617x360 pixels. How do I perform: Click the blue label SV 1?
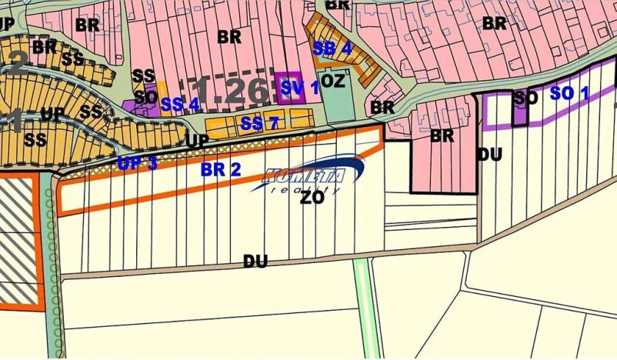[299, 88]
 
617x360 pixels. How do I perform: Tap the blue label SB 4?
[332, 48]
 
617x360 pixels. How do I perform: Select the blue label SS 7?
[258, 123]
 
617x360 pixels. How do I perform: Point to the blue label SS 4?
[181, 104]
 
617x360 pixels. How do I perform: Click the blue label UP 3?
[138, 163]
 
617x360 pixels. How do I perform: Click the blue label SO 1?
[569, 94]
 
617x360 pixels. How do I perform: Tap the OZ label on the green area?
[332, 81]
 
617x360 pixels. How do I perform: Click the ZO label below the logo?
[312, 198]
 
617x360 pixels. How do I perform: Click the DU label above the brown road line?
[255, 262]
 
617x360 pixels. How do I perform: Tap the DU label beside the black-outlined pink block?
[489, 155]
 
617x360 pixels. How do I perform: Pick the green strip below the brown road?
[367, 308]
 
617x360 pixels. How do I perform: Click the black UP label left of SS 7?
[197, 142]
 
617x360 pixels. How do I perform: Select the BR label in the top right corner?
[494, 23]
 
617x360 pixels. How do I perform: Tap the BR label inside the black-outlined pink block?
[442, 136]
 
